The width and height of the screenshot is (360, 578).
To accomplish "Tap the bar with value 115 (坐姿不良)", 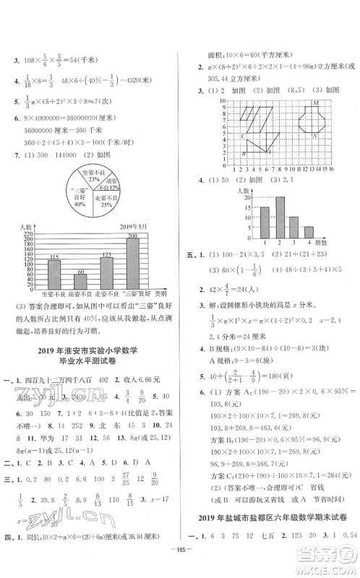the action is (53, 272).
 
